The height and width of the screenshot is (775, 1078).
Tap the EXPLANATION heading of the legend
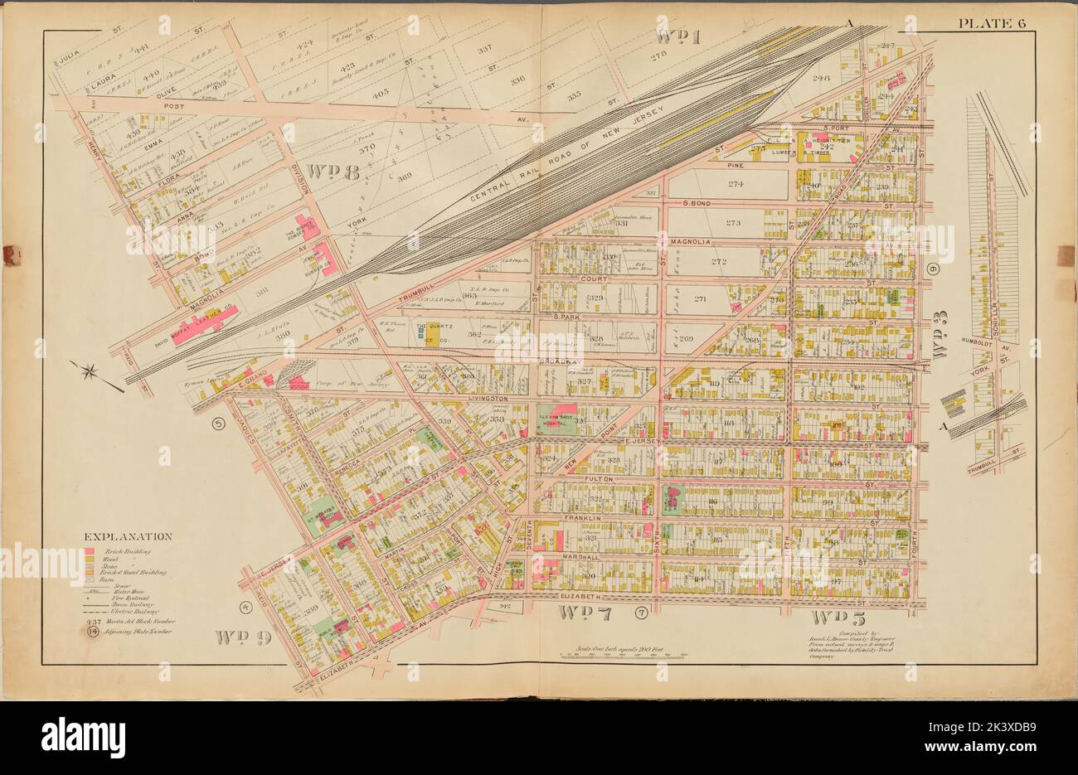[x=128, y=537]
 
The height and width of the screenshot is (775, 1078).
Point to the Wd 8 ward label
[x=330, y=171]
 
